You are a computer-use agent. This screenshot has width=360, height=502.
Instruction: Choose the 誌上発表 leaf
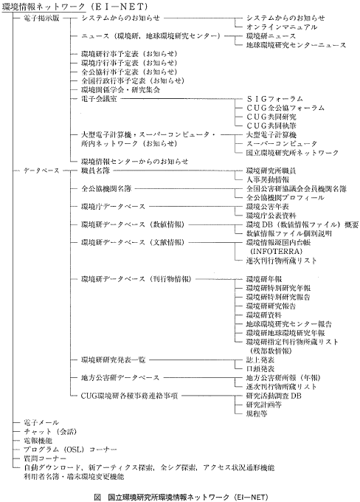(260, 357)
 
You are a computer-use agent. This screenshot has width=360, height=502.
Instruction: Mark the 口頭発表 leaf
(260, 366)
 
